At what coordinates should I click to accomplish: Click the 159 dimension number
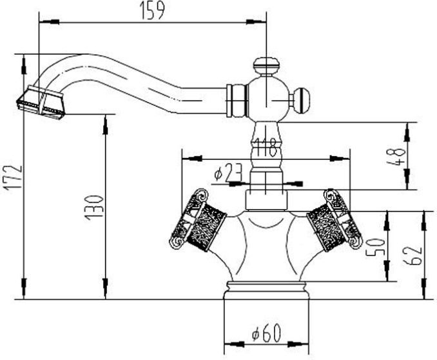pyautogui.click(x=153, y=10)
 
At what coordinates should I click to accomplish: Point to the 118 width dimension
pyautogui.click(x=266, y=147)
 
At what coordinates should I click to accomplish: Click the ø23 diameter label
pyautogui.click(x=228, y=172)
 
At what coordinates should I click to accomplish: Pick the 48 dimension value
pyautogui.click(x=400, y=157)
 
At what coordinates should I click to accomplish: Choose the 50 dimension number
pyautogui.click(x=380, y=246)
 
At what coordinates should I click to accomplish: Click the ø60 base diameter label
pyautogui.click(x=265, y=335)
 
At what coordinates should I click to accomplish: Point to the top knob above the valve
pyautogui.click(x=266, y=65)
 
